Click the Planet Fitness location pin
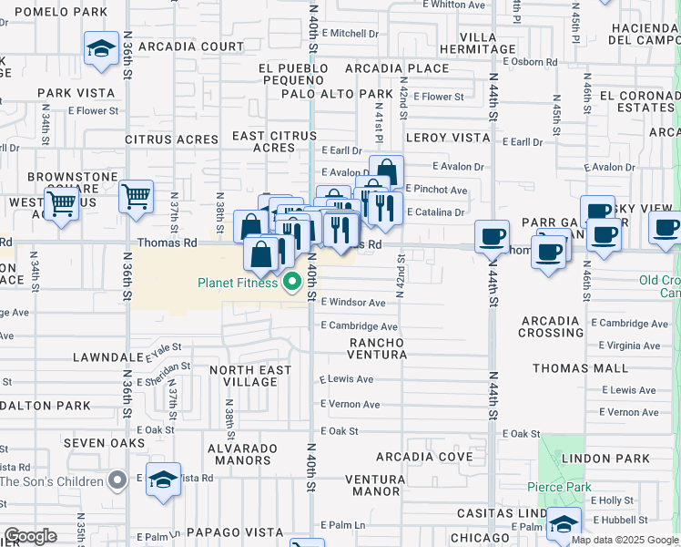292,282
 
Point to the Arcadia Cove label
424,456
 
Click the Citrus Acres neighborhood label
172,139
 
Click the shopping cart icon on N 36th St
136,196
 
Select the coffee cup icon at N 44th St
492,236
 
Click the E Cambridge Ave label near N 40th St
360,326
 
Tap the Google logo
30,536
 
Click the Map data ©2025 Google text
625,540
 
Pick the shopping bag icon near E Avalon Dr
386,171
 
